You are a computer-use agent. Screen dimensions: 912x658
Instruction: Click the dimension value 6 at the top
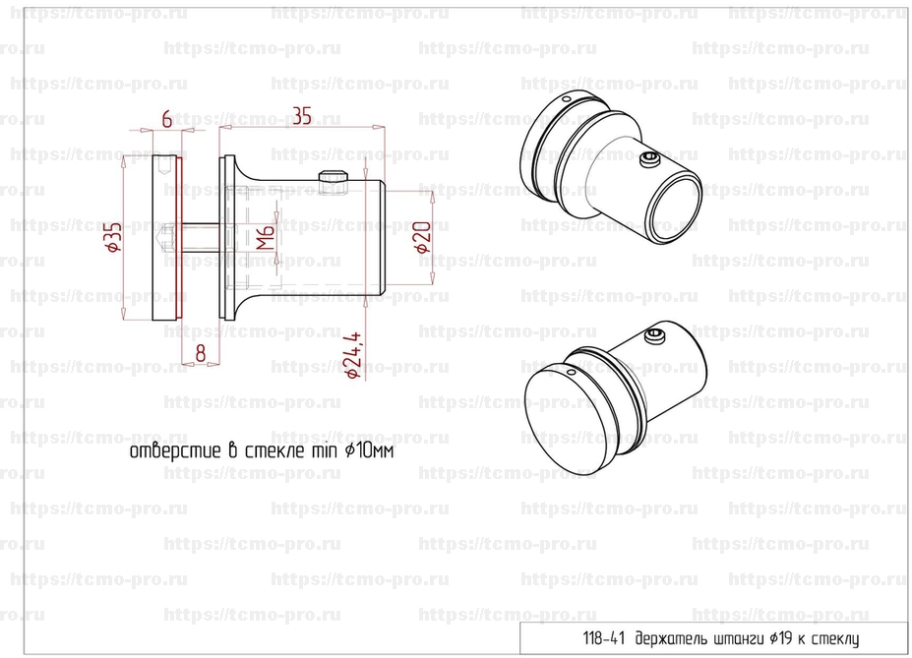[167, 119]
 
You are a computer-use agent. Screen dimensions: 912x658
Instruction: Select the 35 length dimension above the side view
[302, 116]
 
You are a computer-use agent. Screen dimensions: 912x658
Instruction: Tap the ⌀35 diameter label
[113, 237]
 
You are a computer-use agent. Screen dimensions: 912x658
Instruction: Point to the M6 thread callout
[266, 237]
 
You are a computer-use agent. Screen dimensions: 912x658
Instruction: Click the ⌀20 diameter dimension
[423, 237]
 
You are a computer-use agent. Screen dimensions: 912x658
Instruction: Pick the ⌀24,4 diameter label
[353, 356]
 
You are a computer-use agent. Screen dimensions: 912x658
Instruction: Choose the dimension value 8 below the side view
[200, 353]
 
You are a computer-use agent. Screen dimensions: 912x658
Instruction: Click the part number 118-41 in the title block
[604, 638]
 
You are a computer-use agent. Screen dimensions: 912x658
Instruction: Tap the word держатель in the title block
[669, 638]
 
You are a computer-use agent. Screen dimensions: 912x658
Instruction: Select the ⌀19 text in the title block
[780, 638]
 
